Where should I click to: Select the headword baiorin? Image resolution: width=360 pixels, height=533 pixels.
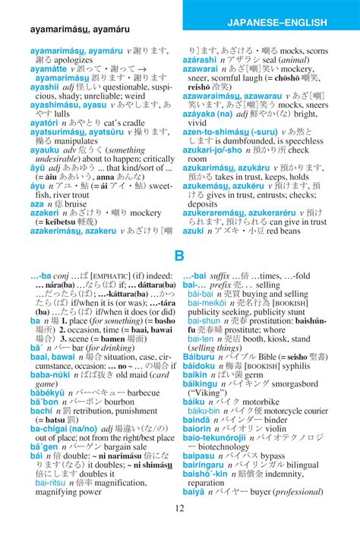click(199, 428)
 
